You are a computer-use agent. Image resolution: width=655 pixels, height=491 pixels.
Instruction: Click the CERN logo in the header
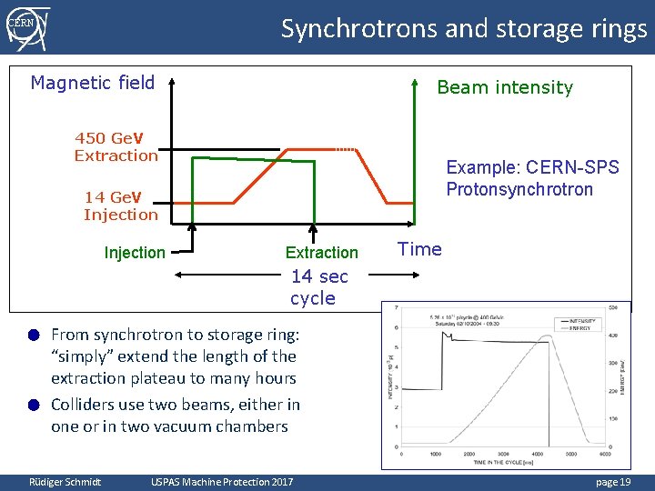point(26,25)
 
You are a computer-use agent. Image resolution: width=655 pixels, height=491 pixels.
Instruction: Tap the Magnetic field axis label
point(93,83)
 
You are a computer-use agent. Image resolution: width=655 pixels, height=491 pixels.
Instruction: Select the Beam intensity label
point(505,87)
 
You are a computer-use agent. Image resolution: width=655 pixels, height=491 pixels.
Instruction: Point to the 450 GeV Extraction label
point(116,146)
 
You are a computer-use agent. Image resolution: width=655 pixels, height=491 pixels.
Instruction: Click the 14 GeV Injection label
point(120,205)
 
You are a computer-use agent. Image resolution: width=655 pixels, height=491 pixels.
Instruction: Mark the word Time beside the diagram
point(420,249)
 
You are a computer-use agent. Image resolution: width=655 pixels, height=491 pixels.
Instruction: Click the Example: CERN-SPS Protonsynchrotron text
point(532,178)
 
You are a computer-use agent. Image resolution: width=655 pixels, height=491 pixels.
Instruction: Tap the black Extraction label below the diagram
point(322,253)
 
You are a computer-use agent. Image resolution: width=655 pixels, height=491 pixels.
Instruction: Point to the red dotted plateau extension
point(345,149)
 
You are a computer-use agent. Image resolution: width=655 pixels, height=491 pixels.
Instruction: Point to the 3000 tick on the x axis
point(503,453)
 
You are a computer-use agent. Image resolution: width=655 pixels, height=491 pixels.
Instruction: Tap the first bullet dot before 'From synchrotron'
point(33,335)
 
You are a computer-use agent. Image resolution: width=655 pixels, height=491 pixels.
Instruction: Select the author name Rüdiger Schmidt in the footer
point(65,481)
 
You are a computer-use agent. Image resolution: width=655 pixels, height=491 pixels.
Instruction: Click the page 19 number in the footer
point(612,481)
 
